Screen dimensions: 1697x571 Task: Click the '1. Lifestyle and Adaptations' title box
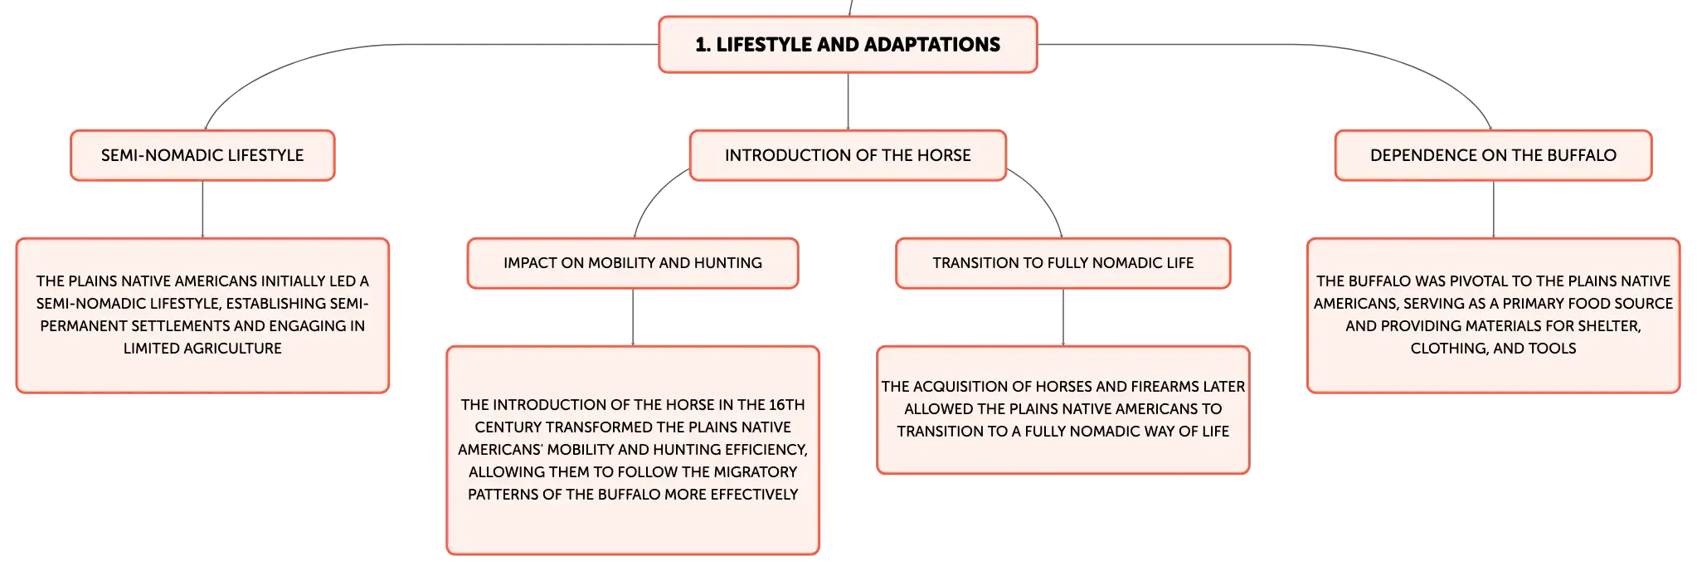pos(848,45)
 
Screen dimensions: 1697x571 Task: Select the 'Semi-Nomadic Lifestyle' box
pos(202,155)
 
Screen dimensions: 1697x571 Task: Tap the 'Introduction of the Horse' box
pos(848,155)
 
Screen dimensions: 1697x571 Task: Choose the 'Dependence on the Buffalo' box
pos(1493,155)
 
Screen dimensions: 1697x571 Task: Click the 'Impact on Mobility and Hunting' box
pos(633,263)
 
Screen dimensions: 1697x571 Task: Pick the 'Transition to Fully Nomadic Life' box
pos(1063,263)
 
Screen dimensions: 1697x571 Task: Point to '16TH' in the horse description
pos(787,405)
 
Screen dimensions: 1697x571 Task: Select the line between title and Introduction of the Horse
pos(848,101)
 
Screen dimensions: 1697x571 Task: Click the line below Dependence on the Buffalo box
pos(1494,209)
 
